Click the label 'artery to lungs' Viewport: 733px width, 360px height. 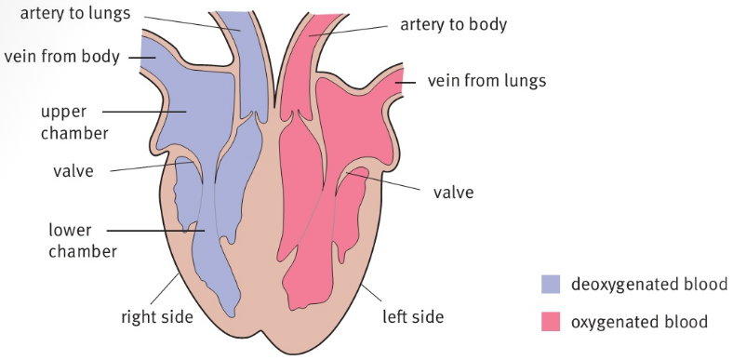[75, 13]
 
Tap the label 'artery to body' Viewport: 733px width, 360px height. [453, 24]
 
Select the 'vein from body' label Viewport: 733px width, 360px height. [62, 57]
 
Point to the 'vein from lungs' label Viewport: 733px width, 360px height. [486, 80]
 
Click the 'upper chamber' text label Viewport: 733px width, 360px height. [74, 122]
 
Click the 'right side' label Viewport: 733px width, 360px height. [157, 316]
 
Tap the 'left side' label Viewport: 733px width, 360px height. [413, 316]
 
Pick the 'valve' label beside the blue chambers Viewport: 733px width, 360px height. [73, 171]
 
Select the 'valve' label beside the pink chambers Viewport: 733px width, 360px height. [453, 193]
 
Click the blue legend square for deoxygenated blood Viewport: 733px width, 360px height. [552, 284]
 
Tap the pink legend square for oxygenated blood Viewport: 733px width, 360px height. [552, 322]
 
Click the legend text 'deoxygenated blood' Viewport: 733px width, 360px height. [648, 284]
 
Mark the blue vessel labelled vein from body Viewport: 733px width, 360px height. [153, 56]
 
